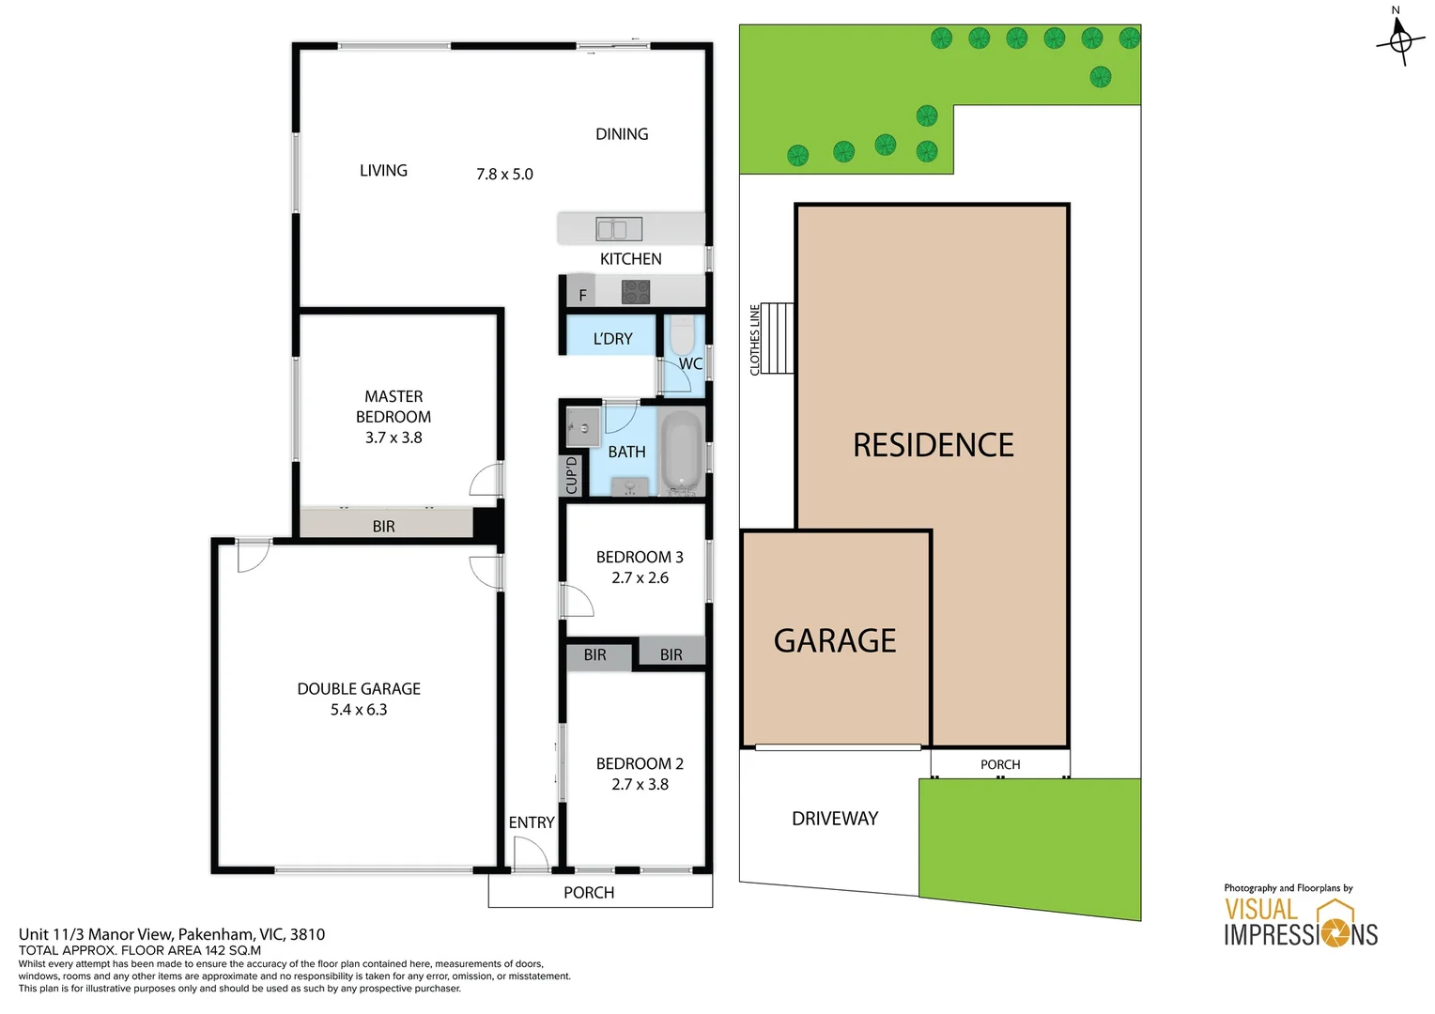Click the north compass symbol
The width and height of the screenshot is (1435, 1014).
tap(1399, 40)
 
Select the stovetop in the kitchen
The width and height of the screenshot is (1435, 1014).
tap(636, 292)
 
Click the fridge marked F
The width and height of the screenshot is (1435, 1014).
tap(582, 295)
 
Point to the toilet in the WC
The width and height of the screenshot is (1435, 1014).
tap(682, 335)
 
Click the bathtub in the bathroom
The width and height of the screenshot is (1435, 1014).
tap(682, 452)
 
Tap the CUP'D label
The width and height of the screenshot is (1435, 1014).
tap(572, 475)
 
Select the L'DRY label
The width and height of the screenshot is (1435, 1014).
tap(612, 339)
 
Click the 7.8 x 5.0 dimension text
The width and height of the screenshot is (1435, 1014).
tap(504, 175)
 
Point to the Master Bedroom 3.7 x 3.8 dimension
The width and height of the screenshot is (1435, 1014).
tap(393, 438)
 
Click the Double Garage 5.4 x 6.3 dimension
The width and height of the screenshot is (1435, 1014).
tap(359, 710)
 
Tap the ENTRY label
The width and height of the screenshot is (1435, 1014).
tap(532, 822)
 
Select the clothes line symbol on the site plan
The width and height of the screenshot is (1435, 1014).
tap(777, 338)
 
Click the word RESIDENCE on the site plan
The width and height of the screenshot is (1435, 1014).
tap(933, 445)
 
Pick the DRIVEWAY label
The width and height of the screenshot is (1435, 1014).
tap(835, 819)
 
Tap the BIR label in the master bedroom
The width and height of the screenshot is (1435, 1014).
tap(383, 527)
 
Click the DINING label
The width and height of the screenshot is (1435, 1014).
tap(622, 134)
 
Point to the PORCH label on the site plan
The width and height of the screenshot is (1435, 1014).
tap(1000, 764)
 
